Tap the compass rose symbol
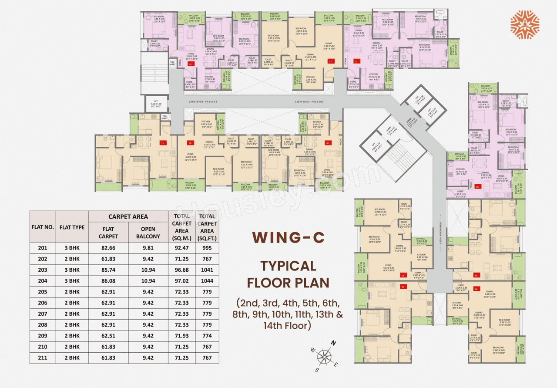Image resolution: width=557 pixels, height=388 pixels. click(x=323, y=357)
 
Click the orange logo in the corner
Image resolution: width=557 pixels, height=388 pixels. click(x=525, y=25)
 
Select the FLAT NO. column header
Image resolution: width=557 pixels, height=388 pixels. click(x=43, y=226)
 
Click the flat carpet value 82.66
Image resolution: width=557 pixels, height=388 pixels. click(x=108, y=248)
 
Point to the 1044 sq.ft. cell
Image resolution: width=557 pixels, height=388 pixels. click(x=207, y=281)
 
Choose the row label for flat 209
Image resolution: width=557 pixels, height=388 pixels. click(x=43, y=336)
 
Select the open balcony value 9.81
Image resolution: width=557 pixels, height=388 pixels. click(x=148, y=248)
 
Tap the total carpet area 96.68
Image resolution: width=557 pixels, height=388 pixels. click(x=181, y=270)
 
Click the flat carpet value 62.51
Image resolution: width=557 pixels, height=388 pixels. click(x=108, y=336)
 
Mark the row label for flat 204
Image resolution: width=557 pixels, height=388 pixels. click(x=43, y=281)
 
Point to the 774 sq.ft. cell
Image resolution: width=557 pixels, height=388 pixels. click(x=207, y=336)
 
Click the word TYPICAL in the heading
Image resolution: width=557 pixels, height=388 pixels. click(x=288, y=265)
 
